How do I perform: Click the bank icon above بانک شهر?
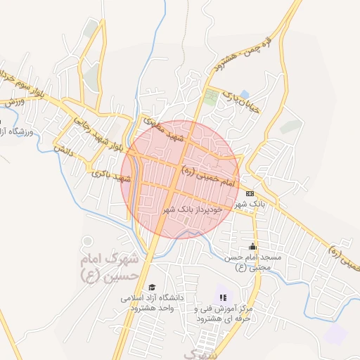coord(250,193)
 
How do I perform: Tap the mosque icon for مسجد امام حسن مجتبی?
coord(252,247)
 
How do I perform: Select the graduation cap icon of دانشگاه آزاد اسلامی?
coord(152,287)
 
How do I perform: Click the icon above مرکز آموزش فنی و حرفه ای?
coord(223,297)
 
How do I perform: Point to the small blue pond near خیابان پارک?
coord(244,94)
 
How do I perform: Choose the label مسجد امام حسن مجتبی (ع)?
coord(253,263)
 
